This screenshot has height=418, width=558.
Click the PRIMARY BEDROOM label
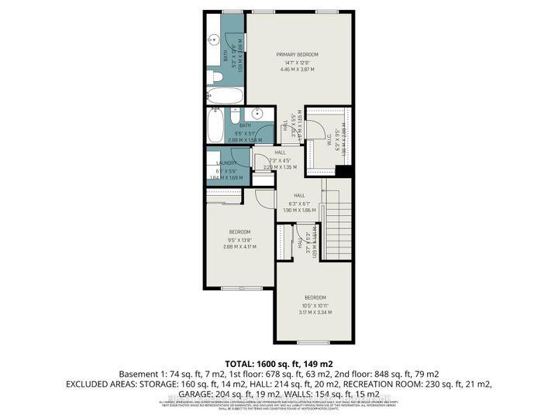coord(298,54)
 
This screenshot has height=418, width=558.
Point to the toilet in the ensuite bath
coord(216,77)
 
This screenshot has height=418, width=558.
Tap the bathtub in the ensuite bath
coord(225,96)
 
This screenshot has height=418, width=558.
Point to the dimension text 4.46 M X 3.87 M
coord(298,70)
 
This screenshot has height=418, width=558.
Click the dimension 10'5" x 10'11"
coord(315,305)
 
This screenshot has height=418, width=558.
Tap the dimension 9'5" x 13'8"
coord(239,239)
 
